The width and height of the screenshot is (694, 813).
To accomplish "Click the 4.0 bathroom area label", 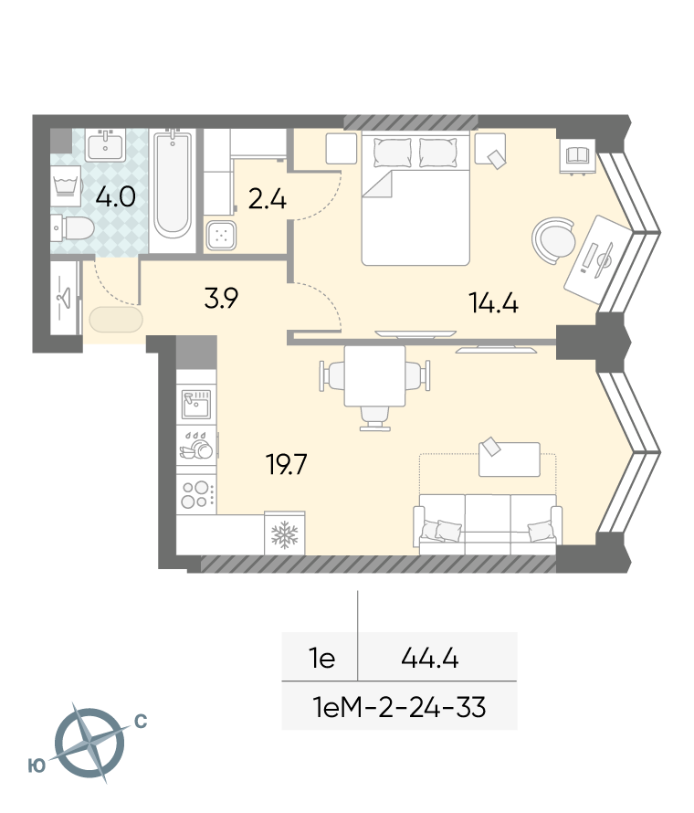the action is pos(116,197).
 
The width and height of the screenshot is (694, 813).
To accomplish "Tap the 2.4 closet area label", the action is pos(268,200).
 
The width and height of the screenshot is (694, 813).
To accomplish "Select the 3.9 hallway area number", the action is pos(221,298).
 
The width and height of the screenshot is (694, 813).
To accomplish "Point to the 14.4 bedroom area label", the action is pos(493,302).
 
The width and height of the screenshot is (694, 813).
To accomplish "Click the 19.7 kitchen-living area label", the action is pos(287,465).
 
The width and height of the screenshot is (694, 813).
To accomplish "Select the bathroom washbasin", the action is pos(106,144).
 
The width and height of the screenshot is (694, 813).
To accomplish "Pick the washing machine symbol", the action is pos(66,185).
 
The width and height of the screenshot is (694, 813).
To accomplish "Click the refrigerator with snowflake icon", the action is pos(285,533).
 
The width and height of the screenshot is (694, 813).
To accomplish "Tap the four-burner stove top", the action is pos(196,494).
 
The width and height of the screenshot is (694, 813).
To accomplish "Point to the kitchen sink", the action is pos(196,404).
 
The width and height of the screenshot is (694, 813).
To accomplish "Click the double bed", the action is pos(415,198).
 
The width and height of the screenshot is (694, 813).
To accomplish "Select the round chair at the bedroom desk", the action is pos(553,240).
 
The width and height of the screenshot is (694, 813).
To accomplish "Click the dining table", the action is pos(374,376).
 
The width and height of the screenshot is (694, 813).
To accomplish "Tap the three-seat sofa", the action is pos(488,524).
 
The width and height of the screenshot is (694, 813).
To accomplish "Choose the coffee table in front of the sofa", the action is pos(509,459).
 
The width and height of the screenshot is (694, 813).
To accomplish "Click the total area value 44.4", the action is pos(430,659).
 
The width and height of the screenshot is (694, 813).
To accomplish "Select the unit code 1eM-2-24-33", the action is pos(400,707).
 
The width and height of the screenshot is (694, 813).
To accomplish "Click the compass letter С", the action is pos(141,722).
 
